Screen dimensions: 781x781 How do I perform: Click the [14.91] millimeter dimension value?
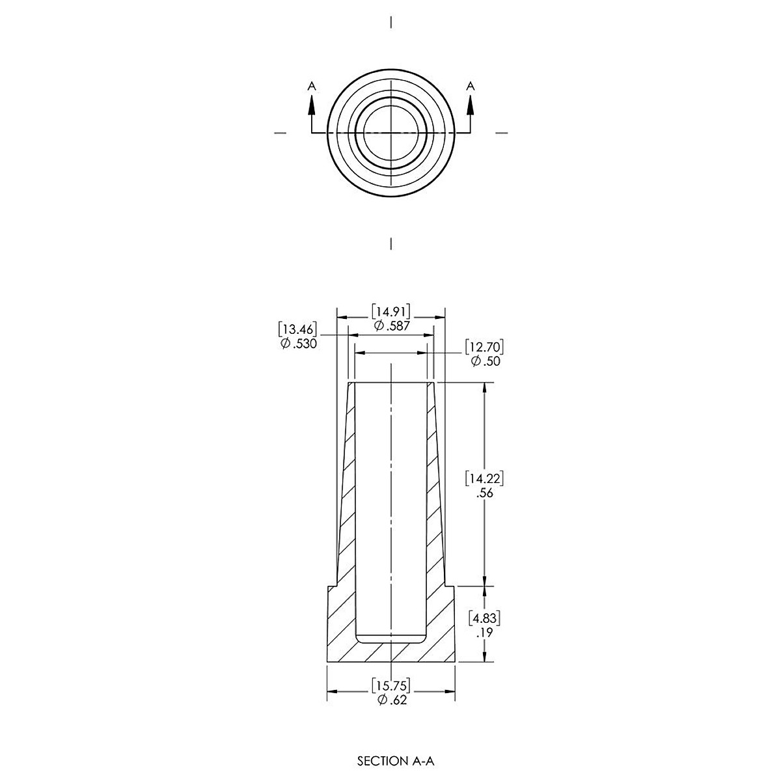point(390,312)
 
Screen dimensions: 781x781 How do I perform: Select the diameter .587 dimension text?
point(392,326)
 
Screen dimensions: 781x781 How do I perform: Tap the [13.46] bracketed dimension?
point(297,329)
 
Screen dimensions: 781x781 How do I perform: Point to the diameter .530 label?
point(298,344)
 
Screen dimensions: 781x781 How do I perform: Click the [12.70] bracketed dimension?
point(485,347)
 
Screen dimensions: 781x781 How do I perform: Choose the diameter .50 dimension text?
point(486,361)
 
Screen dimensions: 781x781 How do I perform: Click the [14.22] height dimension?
point(485,478)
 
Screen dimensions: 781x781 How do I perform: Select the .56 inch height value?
point(485,493)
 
